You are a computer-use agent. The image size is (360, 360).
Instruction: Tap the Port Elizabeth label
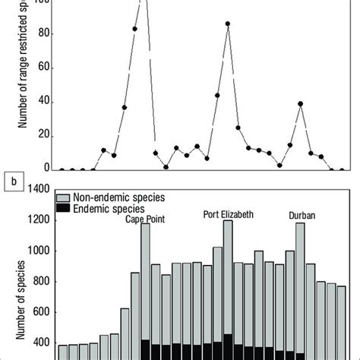tap(228, 213)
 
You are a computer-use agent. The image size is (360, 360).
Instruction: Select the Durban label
tap(302, 215)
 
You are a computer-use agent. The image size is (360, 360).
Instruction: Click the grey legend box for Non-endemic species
tap(63, 197)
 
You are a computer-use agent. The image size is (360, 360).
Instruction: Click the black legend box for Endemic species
tap(63, 207)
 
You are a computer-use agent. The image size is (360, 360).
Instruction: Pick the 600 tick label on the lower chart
tap(39, 312)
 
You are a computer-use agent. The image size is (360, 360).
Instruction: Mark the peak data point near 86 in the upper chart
tap(228, 24)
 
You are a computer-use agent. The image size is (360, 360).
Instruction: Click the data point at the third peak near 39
tap(301, 103)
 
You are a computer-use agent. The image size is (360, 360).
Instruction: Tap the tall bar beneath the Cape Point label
tap(145, 289)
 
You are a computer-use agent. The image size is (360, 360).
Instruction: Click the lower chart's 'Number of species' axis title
tap(10, 304)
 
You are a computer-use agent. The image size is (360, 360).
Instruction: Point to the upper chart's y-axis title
tap(24, 76)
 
